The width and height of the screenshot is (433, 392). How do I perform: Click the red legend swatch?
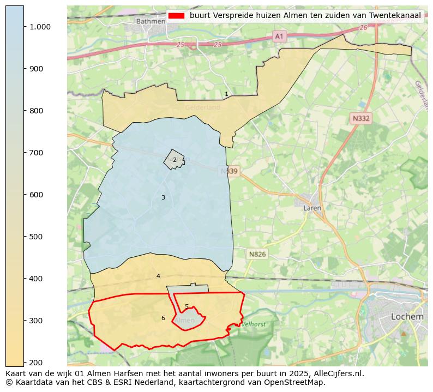[176, 15]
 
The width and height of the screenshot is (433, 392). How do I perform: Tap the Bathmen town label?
[151, 21]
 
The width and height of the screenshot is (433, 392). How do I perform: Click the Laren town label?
[312, 208]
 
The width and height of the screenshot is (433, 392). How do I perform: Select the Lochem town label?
[407, 316]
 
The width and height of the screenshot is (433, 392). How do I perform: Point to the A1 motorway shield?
[279, 36]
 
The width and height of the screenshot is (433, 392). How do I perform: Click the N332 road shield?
[360, 118]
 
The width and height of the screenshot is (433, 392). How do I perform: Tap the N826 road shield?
[257, 254]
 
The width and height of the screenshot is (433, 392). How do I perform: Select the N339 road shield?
[230, 171]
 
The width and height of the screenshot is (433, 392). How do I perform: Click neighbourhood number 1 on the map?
[226, 94]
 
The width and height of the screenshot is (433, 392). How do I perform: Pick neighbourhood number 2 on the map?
[175, 160]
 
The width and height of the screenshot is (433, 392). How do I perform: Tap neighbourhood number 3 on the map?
[163, 197]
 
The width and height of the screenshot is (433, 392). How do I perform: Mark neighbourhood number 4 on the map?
[158, 276]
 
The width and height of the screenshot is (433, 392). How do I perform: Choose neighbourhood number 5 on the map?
[187, 306]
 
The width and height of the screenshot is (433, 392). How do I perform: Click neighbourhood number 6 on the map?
[163, 318]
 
